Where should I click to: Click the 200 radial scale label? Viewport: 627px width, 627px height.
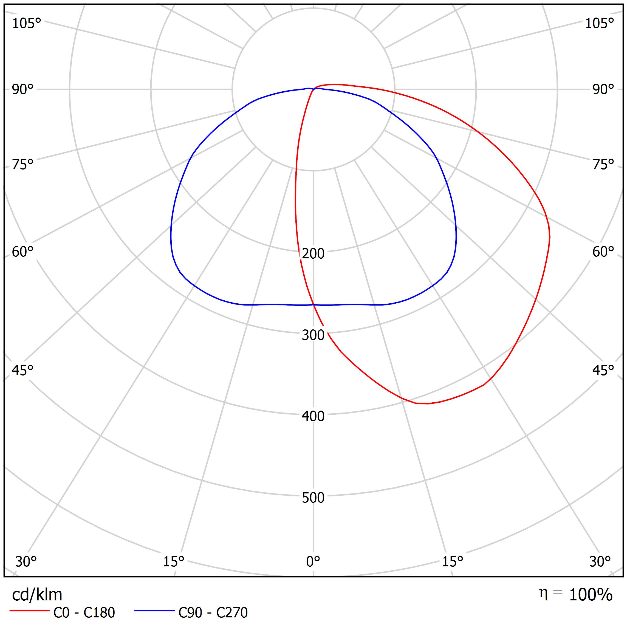pyautogui.click(x=313, y=254)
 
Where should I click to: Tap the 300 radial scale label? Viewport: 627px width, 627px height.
pyautogui.click(x=313, y=335)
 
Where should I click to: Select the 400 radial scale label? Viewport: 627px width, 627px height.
pyautogui.click(x=313, y=416)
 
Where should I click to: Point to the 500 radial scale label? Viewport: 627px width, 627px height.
pyautogui.click(x=313, y=498)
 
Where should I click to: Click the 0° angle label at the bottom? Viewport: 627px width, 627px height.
pyautogui.click(x=313, y=561)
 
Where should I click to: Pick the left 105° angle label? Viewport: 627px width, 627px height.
pyautogui.click(x=27, y=23)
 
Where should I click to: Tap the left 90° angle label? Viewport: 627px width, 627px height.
pyautogui.click(x=23, y=90)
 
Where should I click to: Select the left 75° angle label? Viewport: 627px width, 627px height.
pyautogui.click(x=23, y=165)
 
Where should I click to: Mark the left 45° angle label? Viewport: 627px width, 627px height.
pyautogui.click(x=23, y=371)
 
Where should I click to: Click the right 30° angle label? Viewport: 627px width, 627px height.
pyautogui.click(x=600, y=561)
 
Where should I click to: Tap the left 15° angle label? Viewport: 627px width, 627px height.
pyautogui.click(x=174, y=561)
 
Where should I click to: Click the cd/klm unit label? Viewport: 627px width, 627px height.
pyautogui.click(x=37, y=595)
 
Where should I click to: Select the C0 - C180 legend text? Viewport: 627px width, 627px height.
pyautogui.click(x=84, y=613)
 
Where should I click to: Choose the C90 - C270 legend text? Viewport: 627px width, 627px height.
pyautogui.click(x=213, y=613)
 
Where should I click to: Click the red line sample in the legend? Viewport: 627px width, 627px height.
pyautogui.click(x=29, y=611)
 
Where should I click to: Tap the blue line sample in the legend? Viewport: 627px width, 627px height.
pyautogui.click(x=154, y=611)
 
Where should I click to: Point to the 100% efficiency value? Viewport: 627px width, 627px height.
pyautogui.click(x=591, y=595)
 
